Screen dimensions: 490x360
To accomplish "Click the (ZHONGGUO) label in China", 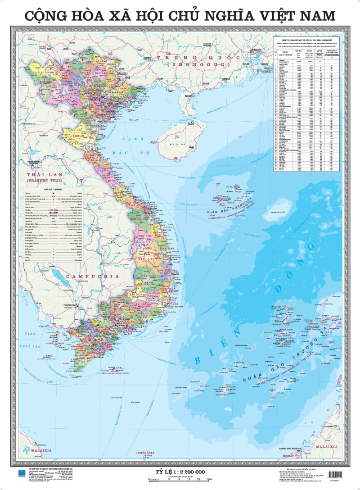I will click(x=198, y=65).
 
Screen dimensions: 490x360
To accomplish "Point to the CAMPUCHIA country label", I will click(x=92, y=276).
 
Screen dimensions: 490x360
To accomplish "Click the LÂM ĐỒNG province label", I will click(x=144, y=305).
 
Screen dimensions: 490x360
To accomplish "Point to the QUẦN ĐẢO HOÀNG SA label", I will click(x=227, y=203).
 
